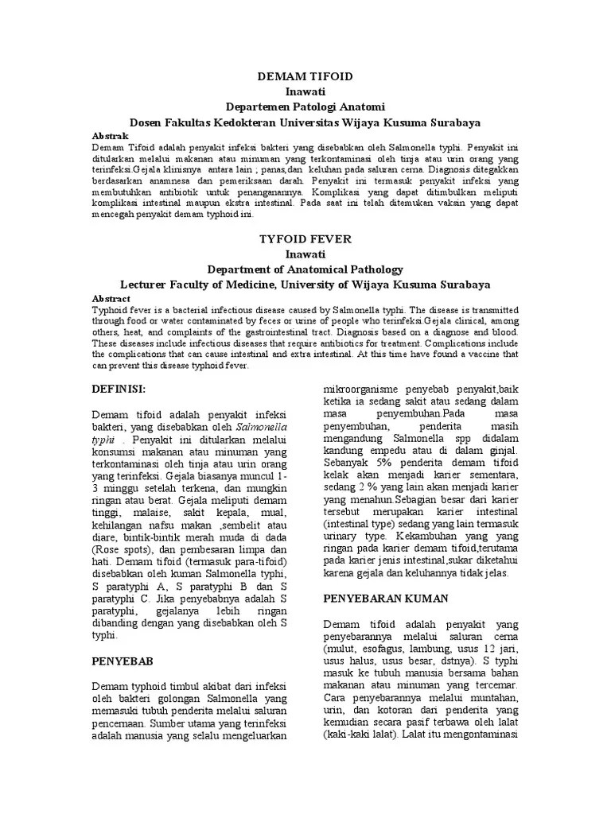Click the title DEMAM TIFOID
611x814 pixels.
305,76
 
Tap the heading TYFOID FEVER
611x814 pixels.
305,238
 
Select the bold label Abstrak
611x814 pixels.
110,136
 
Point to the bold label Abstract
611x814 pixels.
111,298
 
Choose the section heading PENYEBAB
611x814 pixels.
123,661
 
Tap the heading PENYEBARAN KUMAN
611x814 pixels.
386,598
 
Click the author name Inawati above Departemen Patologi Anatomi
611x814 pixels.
305,91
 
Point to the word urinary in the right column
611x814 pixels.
344,537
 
